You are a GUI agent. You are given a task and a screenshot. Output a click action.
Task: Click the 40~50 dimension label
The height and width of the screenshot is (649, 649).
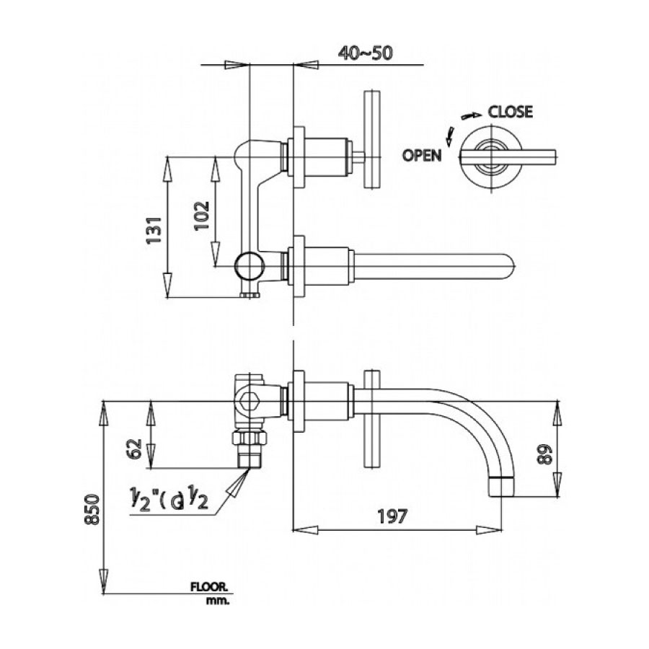[x=366, y=53]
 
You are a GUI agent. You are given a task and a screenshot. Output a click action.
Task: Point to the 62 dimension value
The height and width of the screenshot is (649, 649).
[x=133, y=449]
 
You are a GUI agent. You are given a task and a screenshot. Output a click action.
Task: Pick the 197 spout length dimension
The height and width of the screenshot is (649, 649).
[x=392, y=516]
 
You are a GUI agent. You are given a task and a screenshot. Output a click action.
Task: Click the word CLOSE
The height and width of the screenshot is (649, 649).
[x=511, y=112]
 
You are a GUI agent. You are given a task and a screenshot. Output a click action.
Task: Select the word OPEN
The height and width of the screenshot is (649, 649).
[x=422, y=155]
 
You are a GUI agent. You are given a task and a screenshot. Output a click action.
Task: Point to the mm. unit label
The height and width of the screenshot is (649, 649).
[x=217, y=600]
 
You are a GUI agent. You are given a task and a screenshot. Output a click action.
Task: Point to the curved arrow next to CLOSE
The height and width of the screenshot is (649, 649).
[x=471, y=115]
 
